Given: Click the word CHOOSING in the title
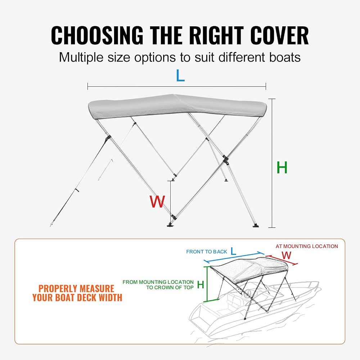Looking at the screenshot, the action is [x=97, y=35].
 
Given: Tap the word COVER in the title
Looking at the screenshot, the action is [x=279, y=35].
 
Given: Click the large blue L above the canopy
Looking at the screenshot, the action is [x=180, y=76].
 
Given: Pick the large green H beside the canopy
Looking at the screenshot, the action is [x=282, y=167].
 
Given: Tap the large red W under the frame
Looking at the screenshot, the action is [x=157, y=202].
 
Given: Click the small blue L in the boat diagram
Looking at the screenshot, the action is [x=233, y=251].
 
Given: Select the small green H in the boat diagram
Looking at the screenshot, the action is [x=201, y=285].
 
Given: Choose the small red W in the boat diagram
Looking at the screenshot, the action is [x=286, y=255].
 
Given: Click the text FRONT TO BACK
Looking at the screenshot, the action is [x=206, y=252].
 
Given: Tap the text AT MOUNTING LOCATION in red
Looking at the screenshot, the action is [x=307, y=246].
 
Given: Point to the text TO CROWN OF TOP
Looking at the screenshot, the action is [x=170, y=287].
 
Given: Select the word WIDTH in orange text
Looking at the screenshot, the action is [x=111, y=298].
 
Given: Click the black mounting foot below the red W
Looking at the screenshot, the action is [x=171, y=225].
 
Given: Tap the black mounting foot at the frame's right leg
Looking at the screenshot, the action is [x=256, y=225].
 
